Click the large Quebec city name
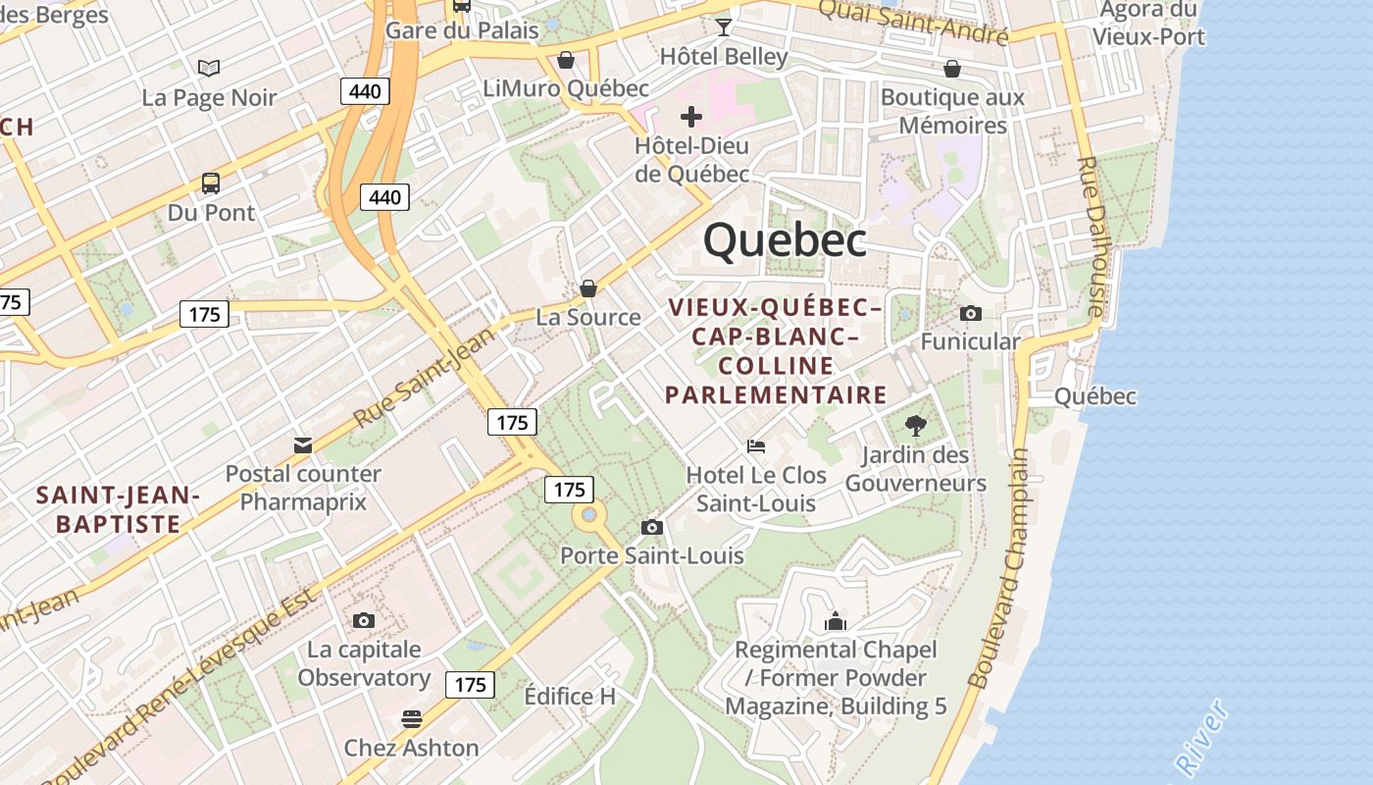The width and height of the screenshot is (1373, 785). pyautogui.click(x=785, y=240)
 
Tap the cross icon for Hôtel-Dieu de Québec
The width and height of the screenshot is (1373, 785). pyautogui.click(x=691, y=117)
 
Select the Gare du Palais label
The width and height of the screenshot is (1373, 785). pyautogui.click(x=462, y=30)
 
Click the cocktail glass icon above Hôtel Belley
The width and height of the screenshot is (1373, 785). pyautogui.click(x=724, y=26)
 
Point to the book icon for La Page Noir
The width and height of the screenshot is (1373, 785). pyautogui.click(x=209, y=68)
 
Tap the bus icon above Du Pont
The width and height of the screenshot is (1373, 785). pyautogui.click(x=210, y=183)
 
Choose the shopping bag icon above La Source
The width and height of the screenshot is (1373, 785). pyautogui.click(x=588, y=288)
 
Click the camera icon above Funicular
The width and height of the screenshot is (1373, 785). pyautogui.click(x=971, y=313)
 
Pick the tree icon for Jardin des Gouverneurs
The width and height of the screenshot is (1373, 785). pyautogui.click(x=916, y=425)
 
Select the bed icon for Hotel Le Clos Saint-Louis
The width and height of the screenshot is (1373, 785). pyautogui.click(x=756, y=445)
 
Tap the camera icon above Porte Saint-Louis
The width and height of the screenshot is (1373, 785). pyautogui.click(x=651, y=527)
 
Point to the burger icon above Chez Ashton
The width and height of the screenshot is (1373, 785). pyautogui.click(x=411, y=718)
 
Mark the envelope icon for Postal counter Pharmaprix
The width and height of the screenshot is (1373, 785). pyautogui.click(x=303, y=445)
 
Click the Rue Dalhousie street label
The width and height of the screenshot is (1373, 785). pyautogui.click(x=1092, y=236)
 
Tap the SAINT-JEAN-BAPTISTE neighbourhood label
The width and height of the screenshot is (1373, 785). pyautogui.click(x=119, y=509)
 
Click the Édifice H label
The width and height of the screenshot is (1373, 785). pyautogui.click(x=570, y=697)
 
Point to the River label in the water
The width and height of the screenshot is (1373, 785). pyautogui.click(x=1202, y=736)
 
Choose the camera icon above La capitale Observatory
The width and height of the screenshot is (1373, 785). pyautogui.click(x=364, y=620)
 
